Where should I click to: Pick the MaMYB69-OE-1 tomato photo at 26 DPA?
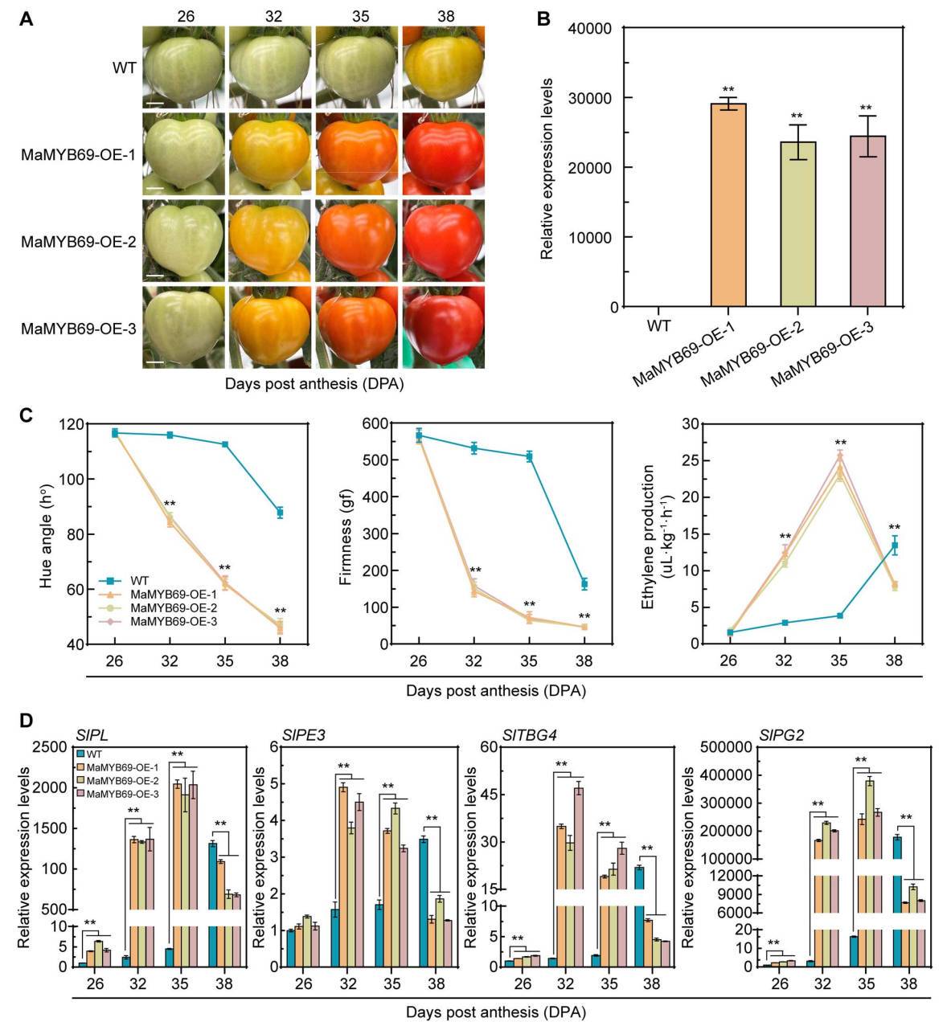[x=183, y=153]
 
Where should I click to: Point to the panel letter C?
[x=26, y=415]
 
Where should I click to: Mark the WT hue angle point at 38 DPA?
[x=280, y=513]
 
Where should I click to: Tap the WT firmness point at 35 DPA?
[x=529, y=456]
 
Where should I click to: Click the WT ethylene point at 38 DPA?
[x=894, y=546]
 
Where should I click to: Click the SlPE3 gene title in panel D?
[x=303, y=734]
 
